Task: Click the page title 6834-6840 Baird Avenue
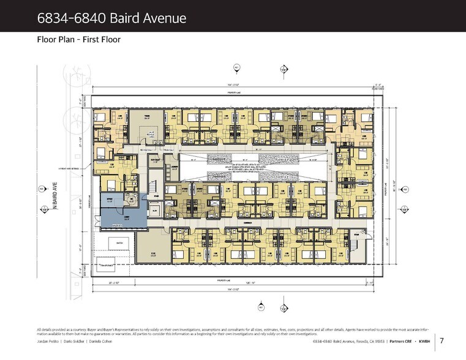click(111, 18)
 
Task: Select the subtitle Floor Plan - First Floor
click(79, 40)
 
